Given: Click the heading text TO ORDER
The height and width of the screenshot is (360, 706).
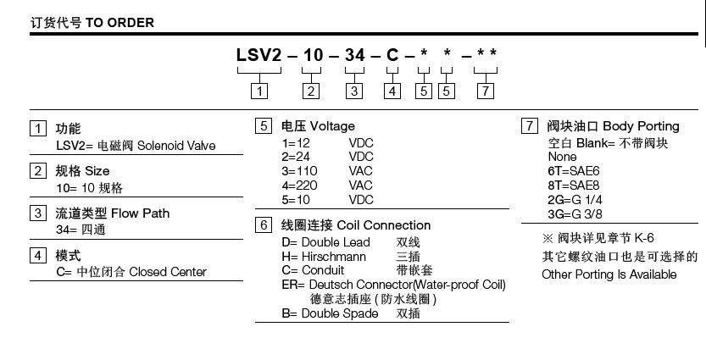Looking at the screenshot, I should pyautogui.click(x=119, y=23).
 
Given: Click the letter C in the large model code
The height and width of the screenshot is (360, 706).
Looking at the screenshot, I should pyautogui.click(x=392, y=58).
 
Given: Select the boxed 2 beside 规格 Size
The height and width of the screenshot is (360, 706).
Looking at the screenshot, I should pyautogui.click(x=37, y=171).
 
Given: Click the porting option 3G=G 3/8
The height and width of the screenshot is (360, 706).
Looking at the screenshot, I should pyautogui.click(x=575, y=213).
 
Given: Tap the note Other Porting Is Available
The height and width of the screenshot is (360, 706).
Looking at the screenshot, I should pyautogui.click(x=609, y=274).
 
